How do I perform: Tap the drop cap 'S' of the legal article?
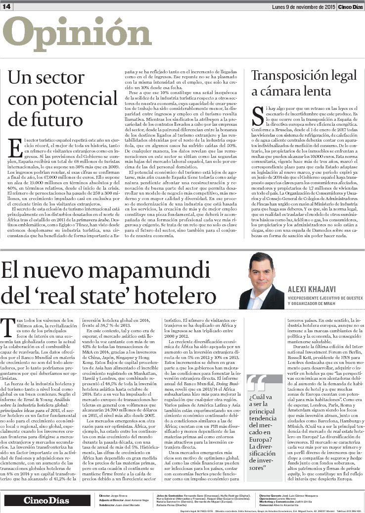pos(257,113)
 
